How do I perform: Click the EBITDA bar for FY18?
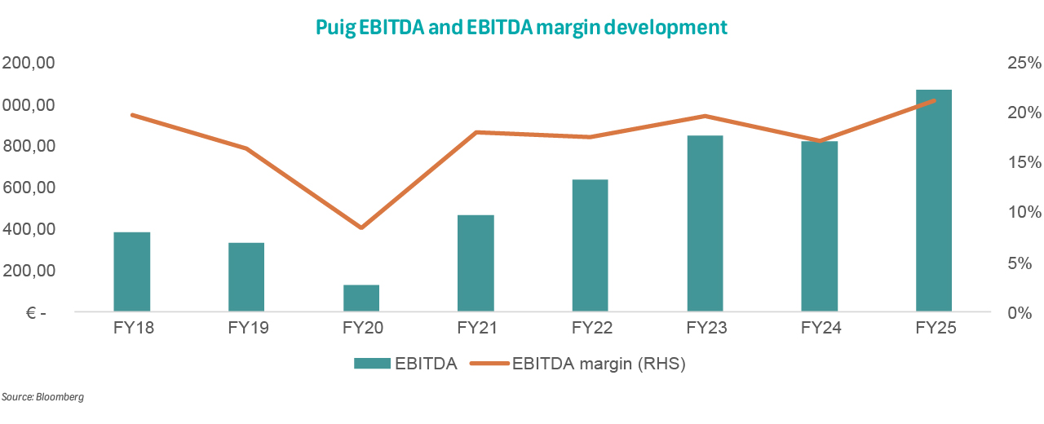[132, 272]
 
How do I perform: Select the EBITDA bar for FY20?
[361, 298]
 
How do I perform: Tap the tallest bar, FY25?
[934, 200]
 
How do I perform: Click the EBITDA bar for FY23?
[705, 223]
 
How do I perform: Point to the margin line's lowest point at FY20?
[361, 227]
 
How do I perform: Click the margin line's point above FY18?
[132, 115]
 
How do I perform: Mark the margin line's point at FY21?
[476, 132]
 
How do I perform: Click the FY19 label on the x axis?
[246, 329]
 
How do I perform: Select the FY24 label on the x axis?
[820, 329]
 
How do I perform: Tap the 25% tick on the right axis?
[1021, 64]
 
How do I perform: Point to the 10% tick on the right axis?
[1021, 213]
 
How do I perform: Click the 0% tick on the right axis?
[1025, 313]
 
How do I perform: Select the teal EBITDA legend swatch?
[370, 364]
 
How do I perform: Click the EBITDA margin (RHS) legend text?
[599, 364]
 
